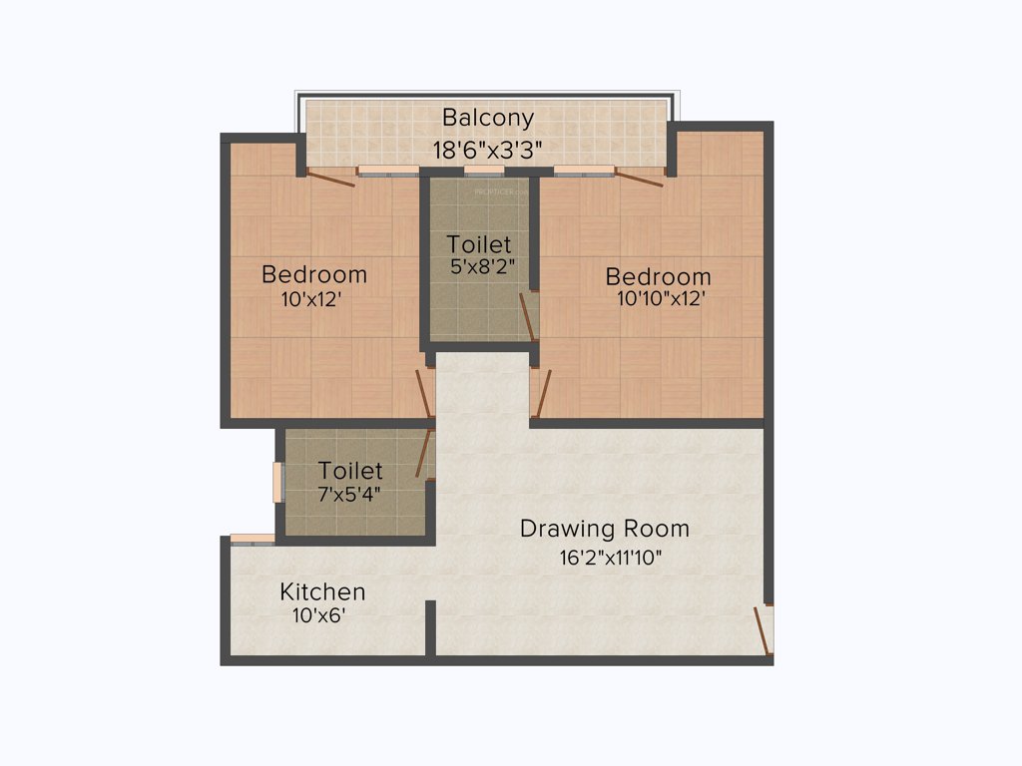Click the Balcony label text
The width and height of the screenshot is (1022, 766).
488,119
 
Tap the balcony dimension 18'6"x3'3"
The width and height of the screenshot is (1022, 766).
488,151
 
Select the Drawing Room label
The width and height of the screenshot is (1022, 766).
604,529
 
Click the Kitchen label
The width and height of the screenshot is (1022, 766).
321,591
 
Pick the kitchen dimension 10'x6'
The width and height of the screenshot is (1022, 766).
317,615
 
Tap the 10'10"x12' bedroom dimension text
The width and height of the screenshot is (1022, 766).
662,297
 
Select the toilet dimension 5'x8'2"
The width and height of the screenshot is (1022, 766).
482,266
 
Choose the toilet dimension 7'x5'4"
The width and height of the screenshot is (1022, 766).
349,493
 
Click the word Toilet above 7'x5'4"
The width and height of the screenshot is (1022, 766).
350,470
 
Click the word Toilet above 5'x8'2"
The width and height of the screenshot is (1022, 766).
479,243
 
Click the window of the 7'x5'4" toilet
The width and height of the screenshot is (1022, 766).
278,482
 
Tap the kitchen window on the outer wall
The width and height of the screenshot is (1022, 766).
253,540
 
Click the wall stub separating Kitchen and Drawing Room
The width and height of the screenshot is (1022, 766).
430,628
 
